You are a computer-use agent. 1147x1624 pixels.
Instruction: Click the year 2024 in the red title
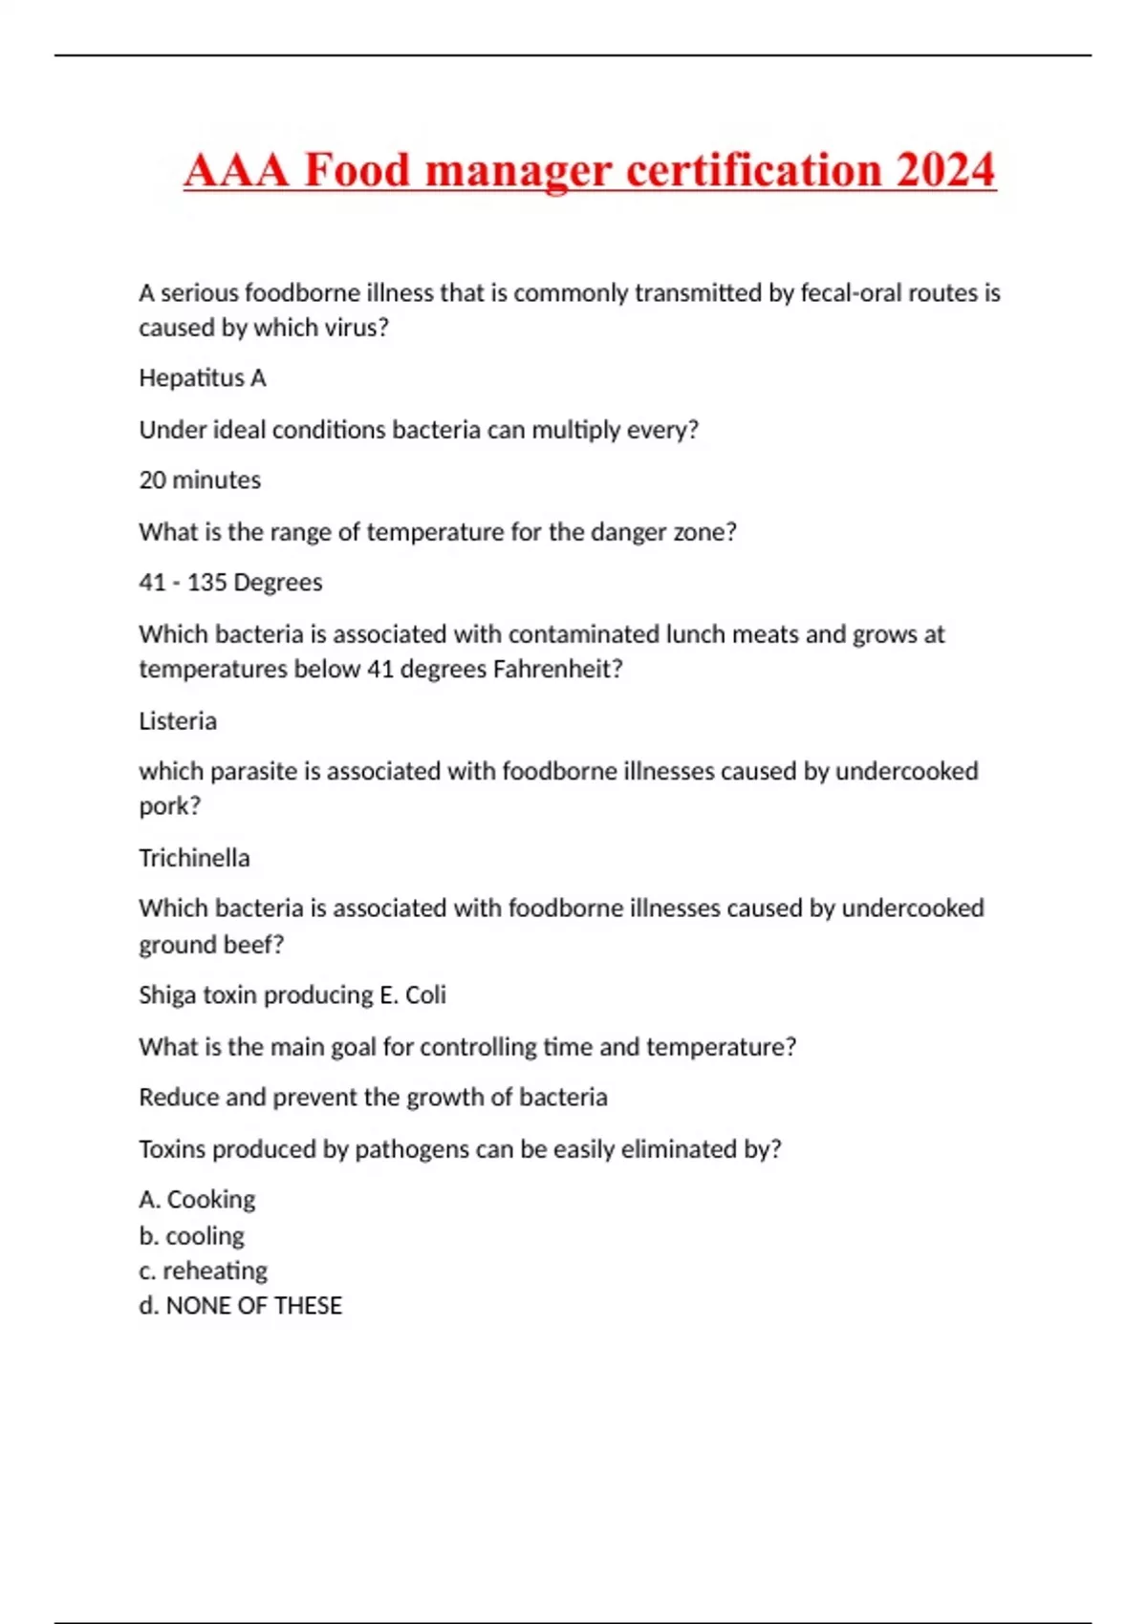pos(944,170)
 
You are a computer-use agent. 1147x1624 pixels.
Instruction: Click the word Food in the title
pos(357,170)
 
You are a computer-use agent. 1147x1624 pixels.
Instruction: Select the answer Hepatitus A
pos(203,378)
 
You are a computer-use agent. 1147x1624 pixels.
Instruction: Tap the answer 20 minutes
pos(200,480)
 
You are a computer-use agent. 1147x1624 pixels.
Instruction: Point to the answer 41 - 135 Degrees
pos(230,582)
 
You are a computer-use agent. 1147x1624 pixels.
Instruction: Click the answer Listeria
pos(178,720)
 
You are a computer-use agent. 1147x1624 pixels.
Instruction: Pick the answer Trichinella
pos(194,857)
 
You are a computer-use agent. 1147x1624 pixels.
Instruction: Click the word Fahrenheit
pos(557,669)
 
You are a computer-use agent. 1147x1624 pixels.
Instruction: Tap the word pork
pos(169,806)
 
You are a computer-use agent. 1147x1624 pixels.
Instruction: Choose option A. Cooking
pos(197,1199)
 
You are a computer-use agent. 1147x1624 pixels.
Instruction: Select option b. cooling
pos(191,1235)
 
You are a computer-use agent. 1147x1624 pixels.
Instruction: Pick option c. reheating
pos(203,1271)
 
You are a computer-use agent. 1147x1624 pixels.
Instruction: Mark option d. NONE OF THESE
pos(240,1305)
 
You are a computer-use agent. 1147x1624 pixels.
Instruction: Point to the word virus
pos(358,327)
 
